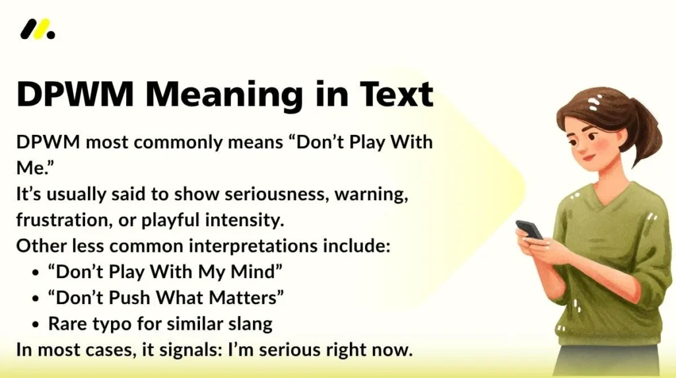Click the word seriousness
[x=248, y=195]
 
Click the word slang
[x=251, y=324]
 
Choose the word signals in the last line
[x=171, y=350]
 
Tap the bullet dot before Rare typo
[x=36, y=324]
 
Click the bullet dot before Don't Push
[x=36, y=298]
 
